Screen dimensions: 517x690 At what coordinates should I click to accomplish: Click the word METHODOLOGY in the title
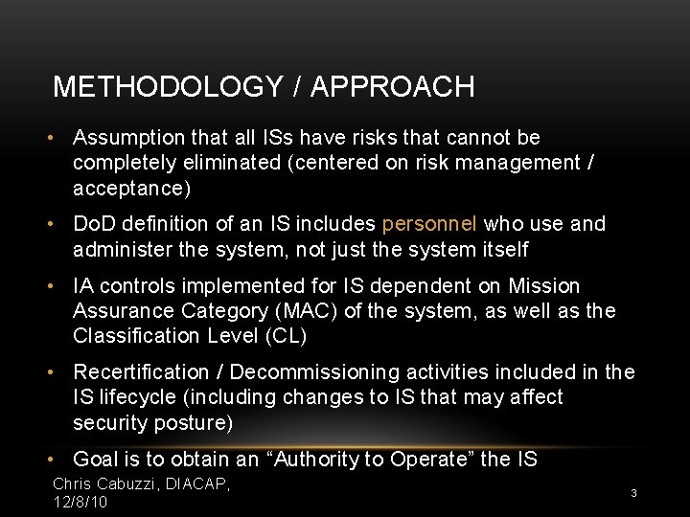(168, 87)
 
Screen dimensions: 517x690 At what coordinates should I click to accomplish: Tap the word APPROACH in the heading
(393, 87)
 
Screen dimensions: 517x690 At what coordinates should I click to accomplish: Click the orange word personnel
(429, 224)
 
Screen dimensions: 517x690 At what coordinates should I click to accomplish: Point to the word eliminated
(231, 163)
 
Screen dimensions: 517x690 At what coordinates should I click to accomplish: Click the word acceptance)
(132, 189)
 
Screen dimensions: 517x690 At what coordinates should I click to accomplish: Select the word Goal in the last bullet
(93, 460)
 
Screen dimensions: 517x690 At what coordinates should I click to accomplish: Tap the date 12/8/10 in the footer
(80, 502)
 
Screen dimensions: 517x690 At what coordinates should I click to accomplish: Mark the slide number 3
(633, 492)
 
